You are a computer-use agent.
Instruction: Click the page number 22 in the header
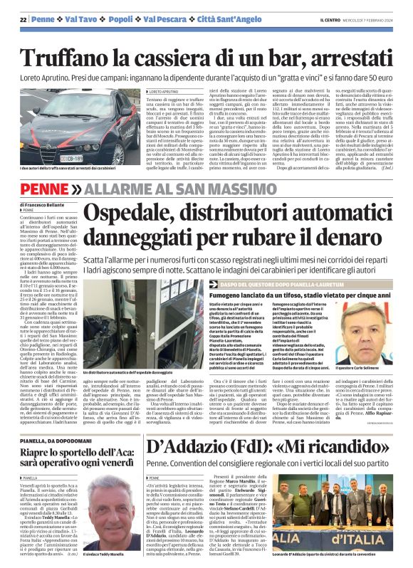tap(23, 18)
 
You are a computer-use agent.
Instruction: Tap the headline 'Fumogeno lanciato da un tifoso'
tap(242, 293)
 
